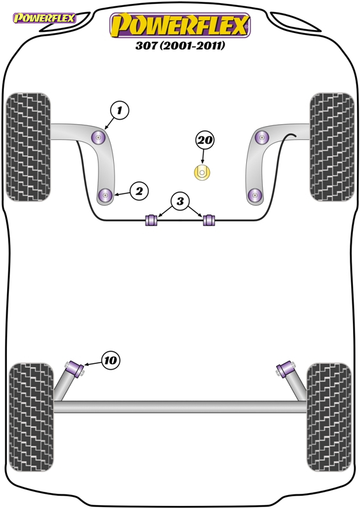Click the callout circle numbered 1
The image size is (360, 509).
pos(120,110)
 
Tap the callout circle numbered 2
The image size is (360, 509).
pos(139,192)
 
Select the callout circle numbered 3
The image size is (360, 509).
pos(180,201)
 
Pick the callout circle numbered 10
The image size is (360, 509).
pos(111,360)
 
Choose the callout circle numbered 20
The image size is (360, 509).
pos(205,140)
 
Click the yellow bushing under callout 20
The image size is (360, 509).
pos(202,172)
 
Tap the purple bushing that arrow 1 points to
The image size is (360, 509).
pos(99,137)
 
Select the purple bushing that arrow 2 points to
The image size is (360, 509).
pos(105,195)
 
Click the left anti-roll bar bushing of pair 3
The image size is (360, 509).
pos(151,220)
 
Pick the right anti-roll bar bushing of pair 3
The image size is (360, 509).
pos(209,220)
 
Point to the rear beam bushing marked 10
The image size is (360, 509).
pos(75,370)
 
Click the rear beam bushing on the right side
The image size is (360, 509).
pos(286,369)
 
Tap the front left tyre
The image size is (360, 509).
pos(29,147)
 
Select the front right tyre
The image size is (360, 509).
pos(332,147)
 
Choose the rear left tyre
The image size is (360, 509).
pos(31,417)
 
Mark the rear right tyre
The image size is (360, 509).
pos(329,417)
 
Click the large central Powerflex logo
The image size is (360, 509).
pos(180,25)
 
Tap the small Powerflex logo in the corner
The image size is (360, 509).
pos(44,18)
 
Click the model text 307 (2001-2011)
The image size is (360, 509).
pos(180,45)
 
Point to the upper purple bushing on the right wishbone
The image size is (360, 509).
pos(262,137)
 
